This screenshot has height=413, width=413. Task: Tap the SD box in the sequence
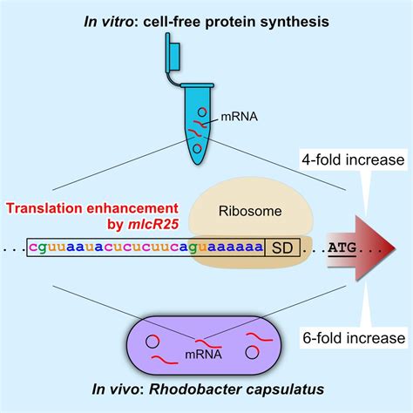pyautogui.click(x=281, y=247)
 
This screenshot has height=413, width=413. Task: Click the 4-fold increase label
pyautogui.click(x=359, y=159)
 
